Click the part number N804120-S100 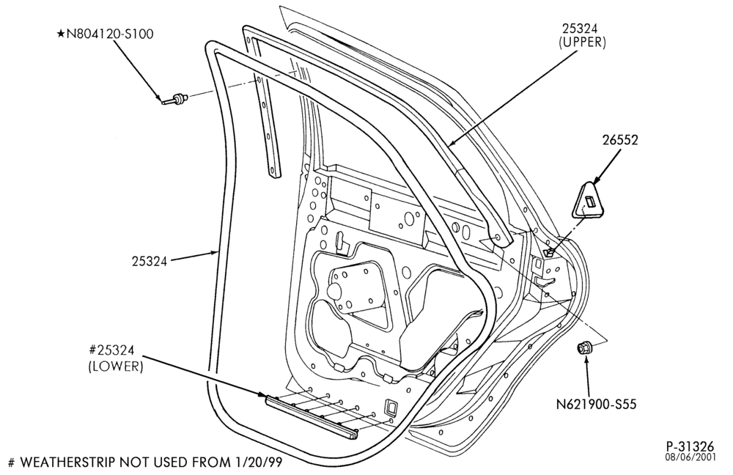coord(110,34)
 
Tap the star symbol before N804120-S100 coord(60,34)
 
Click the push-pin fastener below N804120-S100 coord(175,99)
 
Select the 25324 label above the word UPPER coord(582,29)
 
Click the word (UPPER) coord(582,43)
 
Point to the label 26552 coord(619,140)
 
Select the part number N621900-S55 coord(596,404)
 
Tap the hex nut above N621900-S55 coord(584,348)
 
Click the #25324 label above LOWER coord(111,350)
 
